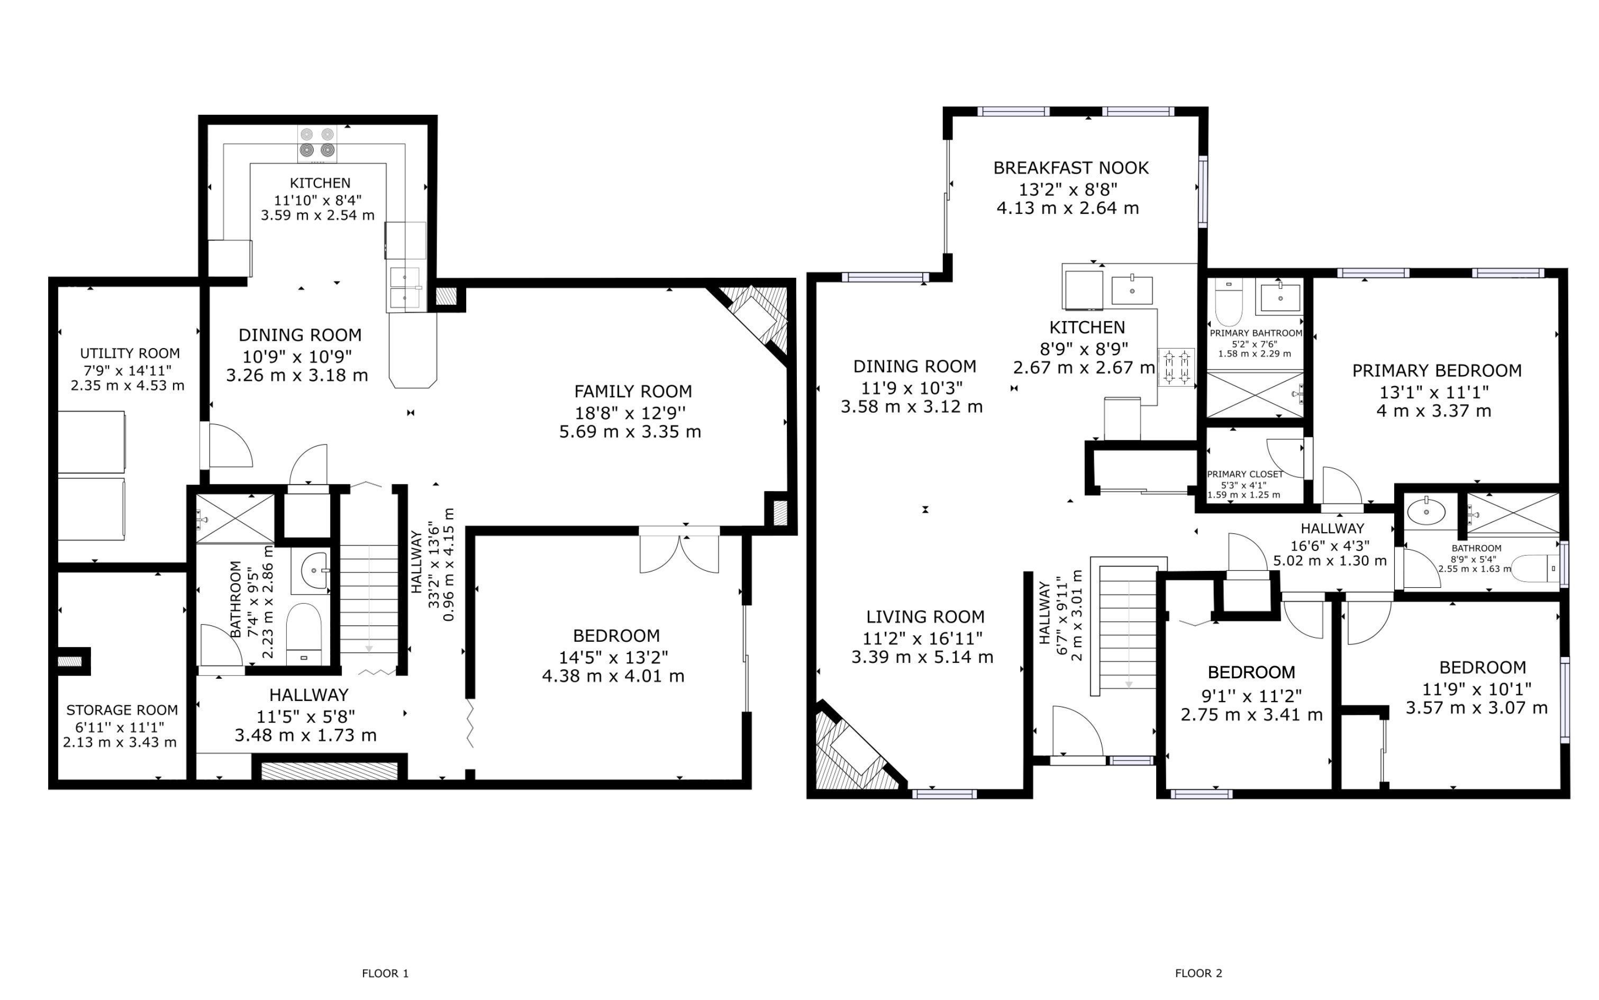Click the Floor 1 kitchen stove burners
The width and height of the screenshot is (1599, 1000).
[x=317, y=143]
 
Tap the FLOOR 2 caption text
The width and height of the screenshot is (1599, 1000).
[x=1198, y=973]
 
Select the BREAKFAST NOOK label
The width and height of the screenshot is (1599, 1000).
[x=1070, y=168]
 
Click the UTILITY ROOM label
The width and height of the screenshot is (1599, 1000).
[x=130, y=353]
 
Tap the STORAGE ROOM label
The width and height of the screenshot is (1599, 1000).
[x=122, y=710]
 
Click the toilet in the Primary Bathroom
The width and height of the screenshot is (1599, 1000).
[x=1229, y=301]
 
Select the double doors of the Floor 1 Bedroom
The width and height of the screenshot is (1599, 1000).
[x=679, y=550]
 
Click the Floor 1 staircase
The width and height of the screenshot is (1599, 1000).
[x=369, y=598]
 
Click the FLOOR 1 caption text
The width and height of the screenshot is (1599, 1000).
[x=385, y=973]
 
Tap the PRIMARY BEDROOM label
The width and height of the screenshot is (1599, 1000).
[x=1437, y=370]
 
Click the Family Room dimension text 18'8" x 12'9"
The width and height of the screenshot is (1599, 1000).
[x=630, y=413]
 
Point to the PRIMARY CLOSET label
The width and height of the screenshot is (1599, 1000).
[x=1244, y=474]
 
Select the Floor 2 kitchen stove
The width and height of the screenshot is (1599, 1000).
[x=1176, y=367]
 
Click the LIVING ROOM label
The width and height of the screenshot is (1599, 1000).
[x=925, y=617]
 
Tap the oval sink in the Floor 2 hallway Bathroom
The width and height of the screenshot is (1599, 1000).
[x=1426, y=511]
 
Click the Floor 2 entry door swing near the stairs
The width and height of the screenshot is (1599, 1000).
[x=1077, y=731]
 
